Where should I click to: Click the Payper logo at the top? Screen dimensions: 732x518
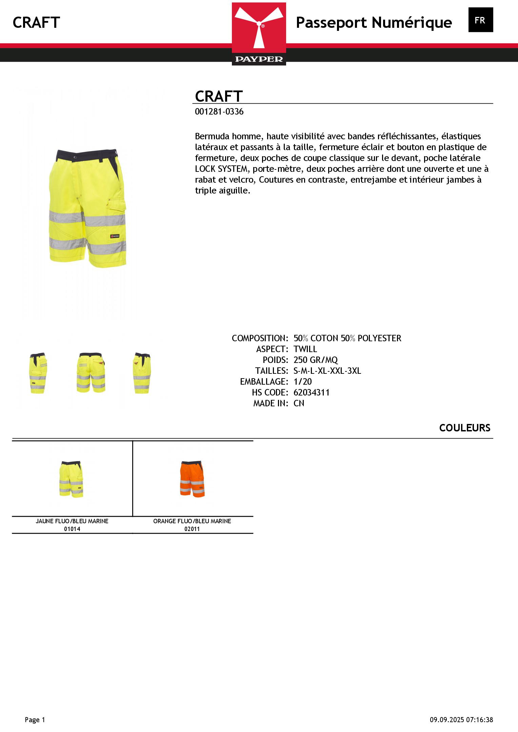pos(259,34)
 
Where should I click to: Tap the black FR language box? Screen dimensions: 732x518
pos(480,20)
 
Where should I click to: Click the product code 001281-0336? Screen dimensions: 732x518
pos(219,112)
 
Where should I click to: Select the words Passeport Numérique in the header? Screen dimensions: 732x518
pos(374,23)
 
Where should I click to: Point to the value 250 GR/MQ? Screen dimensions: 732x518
pos(316,360)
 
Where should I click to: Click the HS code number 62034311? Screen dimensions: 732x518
pos(311,392)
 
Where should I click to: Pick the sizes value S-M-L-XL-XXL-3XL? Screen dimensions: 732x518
pos(327,371)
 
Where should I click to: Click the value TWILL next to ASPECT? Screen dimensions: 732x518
pos(305,349)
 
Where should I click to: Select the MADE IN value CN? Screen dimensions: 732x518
pos(299,403)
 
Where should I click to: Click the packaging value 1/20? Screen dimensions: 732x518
pos(302,382)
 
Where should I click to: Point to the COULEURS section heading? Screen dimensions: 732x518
pos(464,428)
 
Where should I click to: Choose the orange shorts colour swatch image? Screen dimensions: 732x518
pos(192,479)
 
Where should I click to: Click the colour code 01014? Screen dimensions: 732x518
pos(72,529)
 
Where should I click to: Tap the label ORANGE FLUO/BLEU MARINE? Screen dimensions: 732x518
pos(192,521)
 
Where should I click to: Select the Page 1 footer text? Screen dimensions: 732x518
pos(35,720)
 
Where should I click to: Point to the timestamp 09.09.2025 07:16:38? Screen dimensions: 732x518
pos(461,720)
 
